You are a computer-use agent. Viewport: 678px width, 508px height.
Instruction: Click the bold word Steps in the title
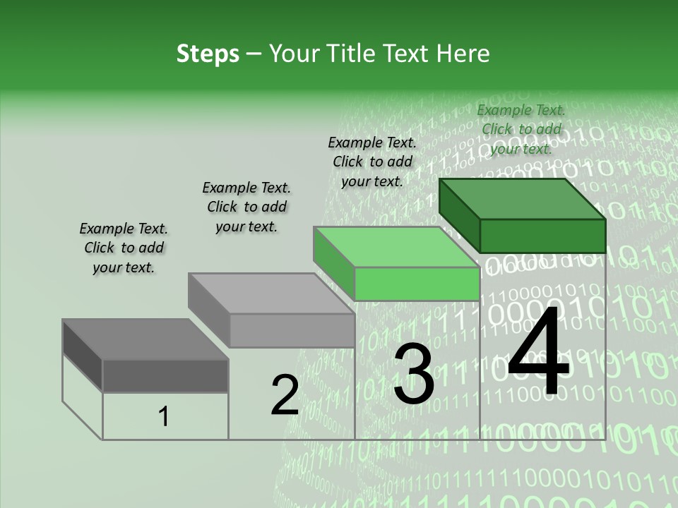coord(208,54)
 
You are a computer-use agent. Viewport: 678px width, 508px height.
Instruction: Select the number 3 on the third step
coord(413,375)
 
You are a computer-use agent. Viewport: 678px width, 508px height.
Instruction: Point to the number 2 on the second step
coord(285,396)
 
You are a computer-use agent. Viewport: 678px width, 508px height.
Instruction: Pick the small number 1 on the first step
coord(164,417)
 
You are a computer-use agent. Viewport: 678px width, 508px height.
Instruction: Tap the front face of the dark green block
coord(542,236)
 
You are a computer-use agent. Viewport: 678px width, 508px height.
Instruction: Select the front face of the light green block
coord(417,284)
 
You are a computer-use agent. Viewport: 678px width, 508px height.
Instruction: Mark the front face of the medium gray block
coord(292,331)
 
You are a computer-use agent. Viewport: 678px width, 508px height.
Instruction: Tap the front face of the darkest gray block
coord(165,375)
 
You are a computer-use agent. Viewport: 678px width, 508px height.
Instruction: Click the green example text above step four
coord(521,129)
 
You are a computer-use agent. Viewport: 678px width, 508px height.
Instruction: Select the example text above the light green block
coord(372,162)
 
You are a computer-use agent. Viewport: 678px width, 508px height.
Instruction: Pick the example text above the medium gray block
coord(246,207)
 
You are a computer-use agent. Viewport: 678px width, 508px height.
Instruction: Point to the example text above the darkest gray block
coord(124,248)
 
